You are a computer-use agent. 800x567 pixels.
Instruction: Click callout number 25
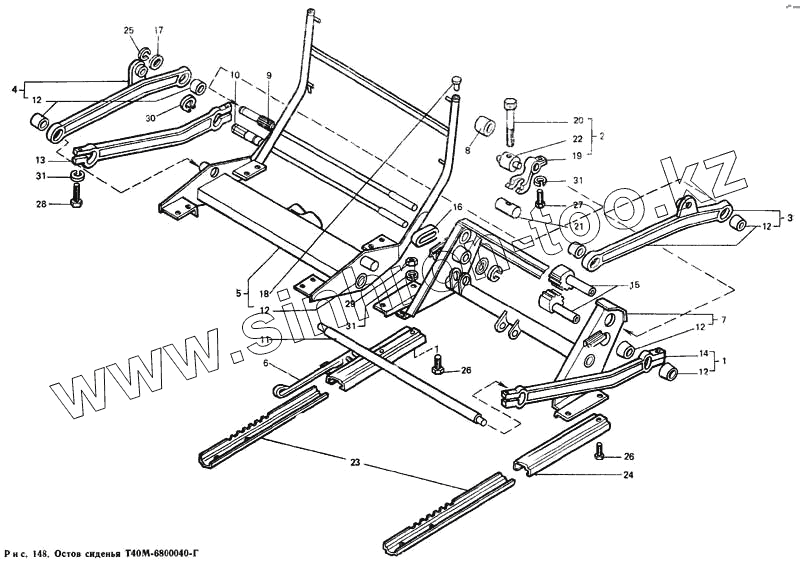pyautogui.click(x=129, y=31)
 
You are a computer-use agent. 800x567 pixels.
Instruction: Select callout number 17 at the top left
pyautogui.click(x=158, y=30)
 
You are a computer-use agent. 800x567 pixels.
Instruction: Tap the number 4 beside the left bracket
pyautogui.click(x=15, y=89)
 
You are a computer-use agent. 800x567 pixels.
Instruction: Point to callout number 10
pyautogui.click(x=234, y=75)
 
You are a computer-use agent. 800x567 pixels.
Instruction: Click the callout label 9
pyautogui.click(x=269, y=75)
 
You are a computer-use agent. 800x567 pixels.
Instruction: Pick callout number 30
pyautogui.click(x=149, y=117)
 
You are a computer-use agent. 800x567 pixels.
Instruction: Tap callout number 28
pyautogui.click(x=41, y=205)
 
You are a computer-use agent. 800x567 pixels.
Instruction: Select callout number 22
pyautogui.click(x=576, y=139)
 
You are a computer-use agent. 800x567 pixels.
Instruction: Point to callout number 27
pyautogui.click(x=576, y=205)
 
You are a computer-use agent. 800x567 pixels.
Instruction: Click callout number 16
pyautogui.click(x=457, y=207)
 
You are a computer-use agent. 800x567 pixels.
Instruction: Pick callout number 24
pyautogui.click(x=627, y=474)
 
